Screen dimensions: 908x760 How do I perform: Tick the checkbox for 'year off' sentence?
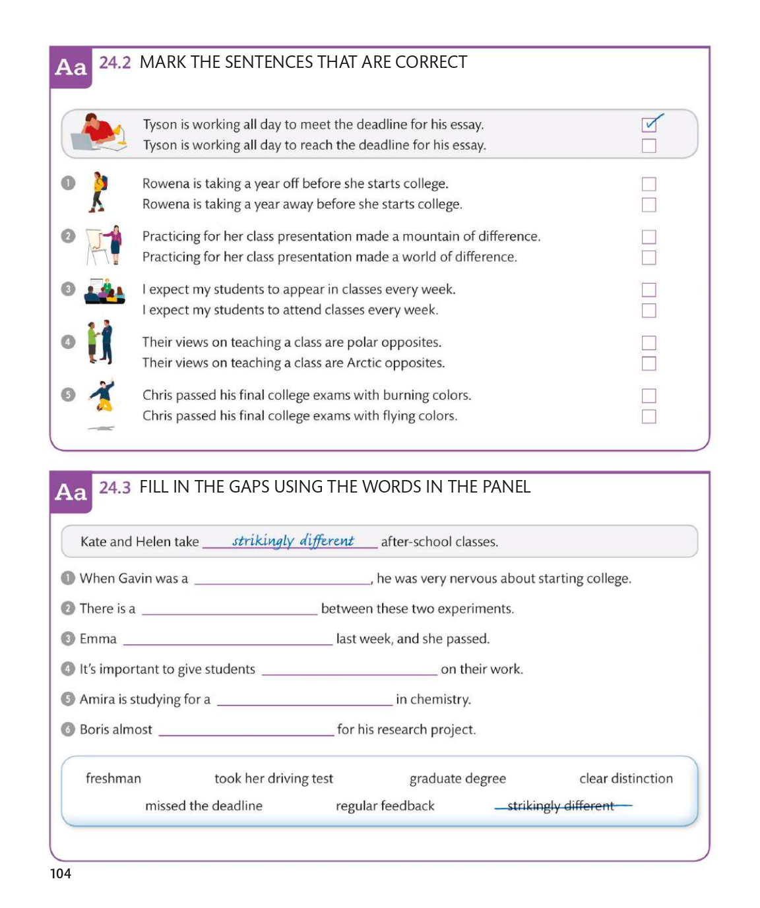649,184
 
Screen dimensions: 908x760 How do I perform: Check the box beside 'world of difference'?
649,257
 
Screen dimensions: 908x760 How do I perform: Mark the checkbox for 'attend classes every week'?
649,310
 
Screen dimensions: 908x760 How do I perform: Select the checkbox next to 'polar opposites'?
649,342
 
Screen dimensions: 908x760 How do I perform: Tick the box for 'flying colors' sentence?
649,416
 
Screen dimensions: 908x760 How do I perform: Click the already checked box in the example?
649,124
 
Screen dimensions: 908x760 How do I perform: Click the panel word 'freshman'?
113,779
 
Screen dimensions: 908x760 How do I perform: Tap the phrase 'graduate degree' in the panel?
457,779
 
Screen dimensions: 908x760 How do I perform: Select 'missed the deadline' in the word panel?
203,806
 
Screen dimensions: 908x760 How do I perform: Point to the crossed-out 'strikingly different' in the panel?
561,806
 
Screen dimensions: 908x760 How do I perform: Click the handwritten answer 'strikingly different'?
293,541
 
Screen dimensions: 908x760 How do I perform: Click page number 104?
61,874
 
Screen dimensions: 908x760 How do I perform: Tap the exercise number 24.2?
115,63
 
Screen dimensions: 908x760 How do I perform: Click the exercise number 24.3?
115,487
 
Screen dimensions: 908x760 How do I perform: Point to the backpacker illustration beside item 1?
99,192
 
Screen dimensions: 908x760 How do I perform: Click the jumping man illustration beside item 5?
103,396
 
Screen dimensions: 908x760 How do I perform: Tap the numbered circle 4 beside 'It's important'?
68,669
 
